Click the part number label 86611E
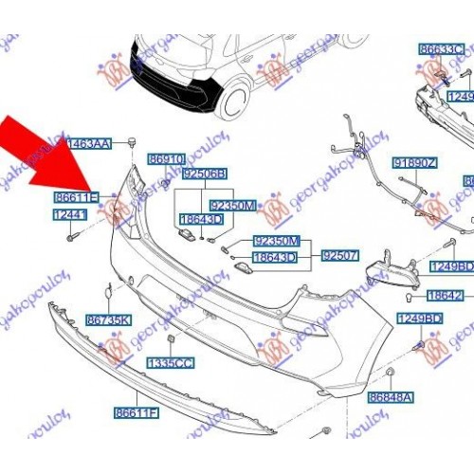click(76, 197)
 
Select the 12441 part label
click(69, 216)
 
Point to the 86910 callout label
click(168, 162)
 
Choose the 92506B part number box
click(205, 174)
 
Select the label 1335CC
click(168, 363)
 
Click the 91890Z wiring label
click(417, 163)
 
